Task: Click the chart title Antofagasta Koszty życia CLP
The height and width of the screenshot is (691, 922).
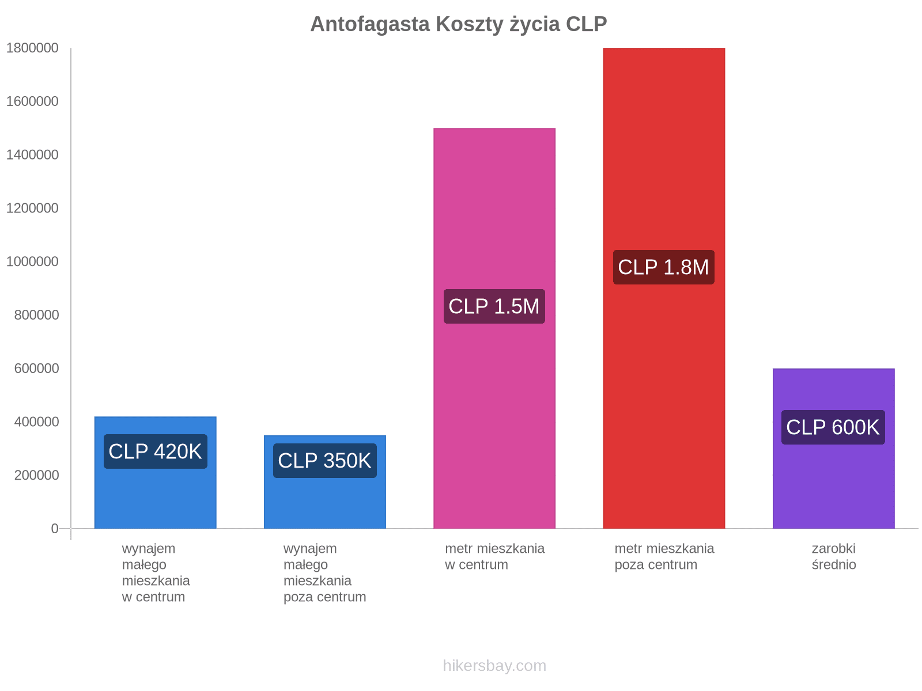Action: [x=459, y=24]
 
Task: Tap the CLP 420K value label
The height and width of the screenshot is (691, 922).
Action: [x=155, y=451]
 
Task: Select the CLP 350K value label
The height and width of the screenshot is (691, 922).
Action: [x=324, y=461]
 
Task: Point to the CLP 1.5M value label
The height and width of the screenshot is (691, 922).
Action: [x=494, y=306]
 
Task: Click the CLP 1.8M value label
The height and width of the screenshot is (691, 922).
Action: [x=663, y=267]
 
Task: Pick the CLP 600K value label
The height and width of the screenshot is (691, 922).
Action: [x=833, y=427]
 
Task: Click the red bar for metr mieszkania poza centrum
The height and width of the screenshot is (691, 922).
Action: [x=664, y=144]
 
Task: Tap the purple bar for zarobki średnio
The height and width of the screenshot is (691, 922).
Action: [x=833, y=489]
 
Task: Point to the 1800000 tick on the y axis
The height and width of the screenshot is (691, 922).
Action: [x=33, y=48]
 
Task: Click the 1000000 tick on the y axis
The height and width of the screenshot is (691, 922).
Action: [x=33, y=261]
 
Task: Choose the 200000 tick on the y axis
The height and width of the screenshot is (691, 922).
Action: [x=33, y=475]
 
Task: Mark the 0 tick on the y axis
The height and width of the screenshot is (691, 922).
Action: [x=55, y=529]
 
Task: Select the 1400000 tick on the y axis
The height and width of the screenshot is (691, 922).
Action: [x=33, y=155]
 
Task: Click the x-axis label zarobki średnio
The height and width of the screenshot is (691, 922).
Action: [x=833, y=556]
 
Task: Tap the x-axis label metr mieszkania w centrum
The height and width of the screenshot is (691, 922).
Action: [x=494, y=556]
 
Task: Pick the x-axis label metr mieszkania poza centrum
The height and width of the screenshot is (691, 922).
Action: [x=664, y=556]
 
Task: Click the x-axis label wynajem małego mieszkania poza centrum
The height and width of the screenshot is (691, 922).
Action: [x=324, y=572]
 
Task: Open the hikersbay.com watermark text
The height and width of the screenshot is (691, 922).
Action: [x=494, y=666]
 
